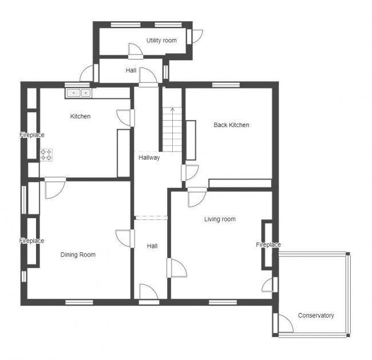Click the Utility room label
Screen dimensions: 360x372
(161, 41)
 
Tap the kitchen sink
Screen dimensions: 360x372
(78, 93)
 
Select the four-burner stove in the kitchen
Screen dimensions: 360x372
(46, 155)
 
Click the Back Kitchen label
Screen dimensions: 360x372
(231, 125)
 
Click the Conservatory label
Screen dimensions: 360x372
(316, 315)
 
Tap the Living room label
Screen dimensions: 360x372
(220, 219)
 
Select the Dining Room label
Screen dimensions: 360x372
(78, 255)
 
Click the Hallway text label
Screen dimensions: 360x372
(149, 157)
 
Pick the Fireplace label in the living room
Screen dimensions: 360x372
(268, 245)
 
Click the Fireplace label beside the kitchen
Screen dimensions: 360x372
(31, 135)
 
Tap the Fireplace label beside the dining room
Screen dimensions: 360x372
(31, 241)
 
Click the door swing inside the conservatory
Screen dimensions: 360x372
(286, 324)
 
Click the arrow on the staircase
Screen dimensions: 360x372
(172, 110)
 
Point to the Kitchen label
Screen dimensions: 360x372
(80, 116)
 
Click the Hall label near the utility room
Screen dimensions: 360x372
(131, 70)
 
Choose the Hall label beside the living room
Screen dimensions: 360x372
(152, 246)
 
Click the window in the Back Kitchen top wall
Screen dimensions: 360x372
(225, 85)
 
